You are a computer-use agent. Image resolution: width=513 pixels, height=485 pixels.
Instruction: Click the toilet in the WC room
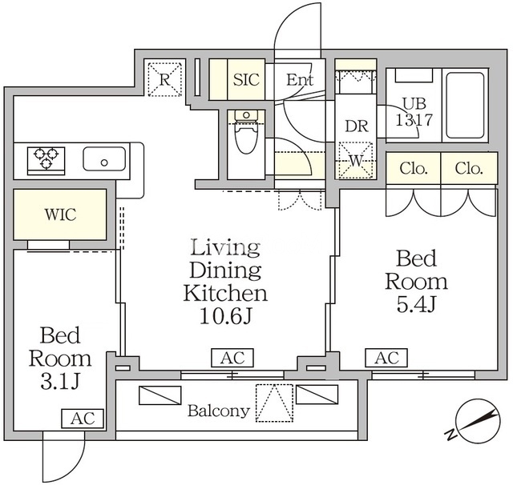246,131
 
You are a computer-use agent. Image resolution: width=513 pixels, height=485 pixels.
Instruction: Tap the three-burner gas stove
46,161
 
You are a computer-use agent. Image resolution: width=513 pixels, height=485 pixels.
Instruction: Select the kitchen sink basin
104,158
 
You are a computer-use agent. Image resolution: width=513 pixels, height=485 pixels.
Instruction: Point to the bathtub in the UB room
465,106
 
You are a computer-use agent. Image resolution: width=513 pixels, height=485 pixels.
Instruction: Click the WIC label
61,214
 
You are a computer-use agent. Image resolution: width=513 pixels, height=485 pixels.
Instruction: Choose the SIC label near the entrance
246,79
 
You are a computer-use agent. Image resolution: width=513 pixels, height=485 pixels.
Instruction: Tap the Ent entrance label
300,80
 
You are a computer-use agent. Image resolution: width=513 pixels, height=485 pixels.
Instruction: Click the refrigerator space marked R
164,79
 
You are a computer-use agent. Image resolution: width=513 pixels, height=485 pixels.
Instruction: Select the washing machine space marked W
356,160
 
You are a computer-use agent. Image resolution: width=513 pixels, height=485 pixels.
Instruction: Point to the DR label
357,126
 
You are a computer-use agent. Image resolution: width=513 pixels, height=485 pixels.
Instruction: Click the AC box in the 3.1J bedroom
83,419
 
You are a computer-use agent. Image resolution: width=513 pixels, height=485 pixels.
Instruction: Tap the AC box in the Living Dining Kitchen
232,358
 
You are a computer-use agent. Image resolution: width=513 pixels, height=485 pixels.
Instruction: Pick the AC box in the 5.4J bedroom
386,358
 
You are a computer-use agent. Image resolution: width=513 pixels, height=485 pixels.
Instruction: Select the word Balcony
219,411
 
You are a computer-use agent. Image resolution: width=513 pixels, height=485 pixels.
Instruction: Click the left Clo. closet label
414,169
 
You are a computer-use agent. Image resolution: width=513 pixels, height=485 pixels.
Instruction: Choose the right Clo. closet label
469,169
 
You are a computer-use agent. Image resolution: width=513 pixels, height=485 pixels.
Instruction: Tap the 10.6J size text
225,316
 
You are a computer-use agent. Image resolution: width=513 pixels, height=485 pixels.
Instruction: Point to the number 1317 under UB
414,120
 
